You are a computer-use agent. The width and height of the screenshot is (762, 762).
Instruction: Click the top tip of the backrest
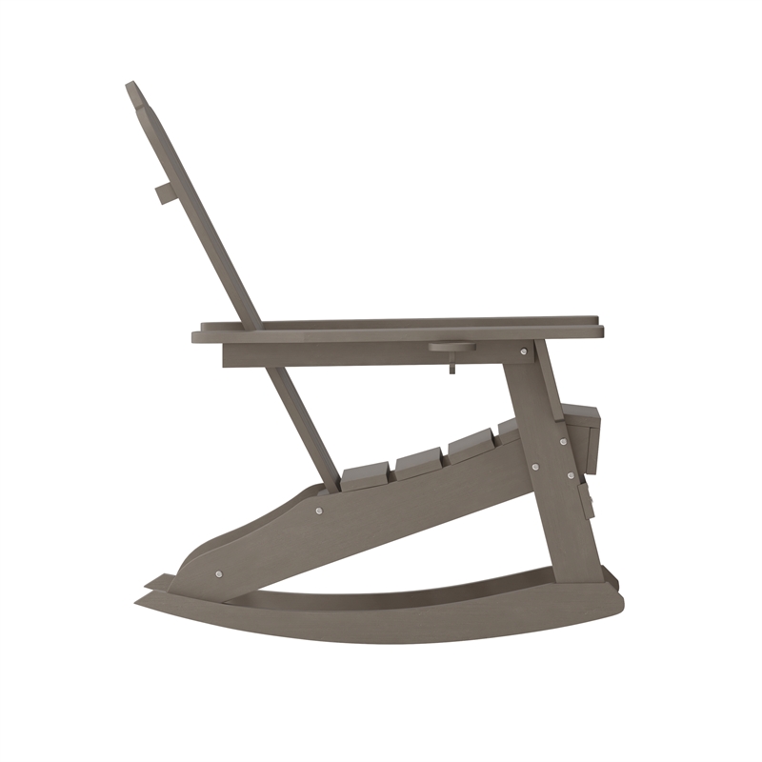[x=131, y=88]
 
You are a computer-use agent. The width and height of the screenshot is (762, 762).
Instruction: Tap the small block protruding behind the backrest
[x=166, y=193]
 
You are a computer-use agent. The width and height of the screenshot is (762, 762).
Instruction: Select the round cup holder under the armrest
[x=451, y=346]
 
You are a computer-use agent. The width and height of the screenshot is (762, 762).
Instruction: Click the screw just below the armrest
[x=523, y=352]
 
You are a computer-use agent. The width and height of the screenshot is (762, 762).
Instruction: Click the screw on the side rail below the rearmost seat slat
[x=318, y=511]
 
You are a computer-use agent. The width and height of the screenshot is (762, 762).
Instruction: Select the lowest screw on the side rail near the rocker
[x=219, y=574]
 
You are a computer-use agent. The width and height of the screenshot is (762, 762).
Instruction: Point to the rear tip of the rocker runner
[x=142, y=601]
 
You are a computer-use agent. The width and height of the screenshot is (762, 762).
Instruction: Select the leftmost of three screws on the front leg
[x=534, y=467]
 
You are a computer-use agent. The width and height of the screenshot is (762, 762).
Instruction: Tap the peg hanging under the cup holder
[x=451, y=362]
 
